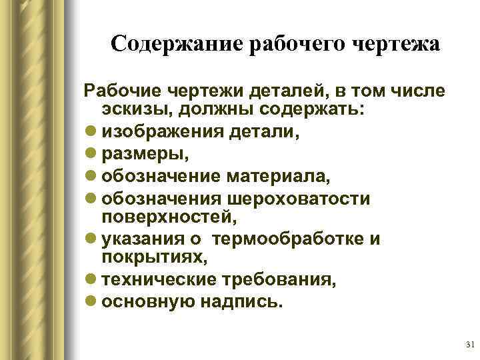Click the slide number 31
pos(468,345)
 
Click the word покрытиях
pos(148,257)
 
